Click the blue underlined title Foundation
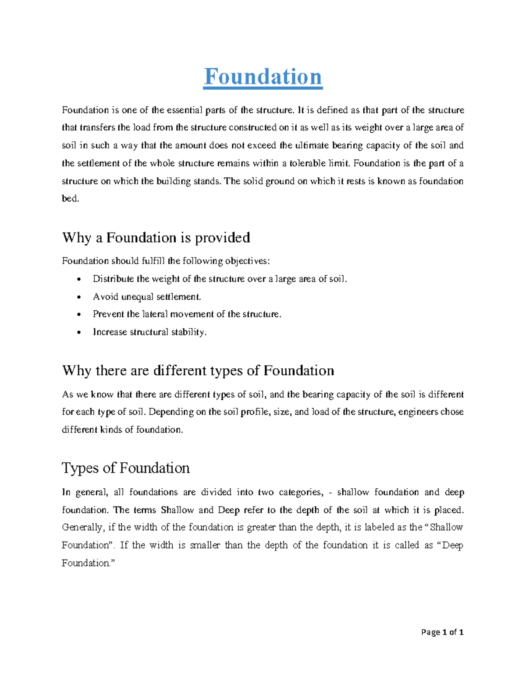[x=263, y=77]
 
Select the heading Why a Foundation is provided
[x=156, y=237]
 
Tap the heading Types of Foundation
[x=125, y=468]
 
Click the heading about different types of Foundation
[x=198, y=370]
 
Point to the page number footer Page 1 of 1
[x=442, y=632]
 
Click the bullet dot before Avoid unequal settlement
[x=78, y=297]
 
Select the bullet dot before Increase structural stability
[x=78, y=332]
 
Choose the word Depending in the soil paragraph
[x=171, y=412]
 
